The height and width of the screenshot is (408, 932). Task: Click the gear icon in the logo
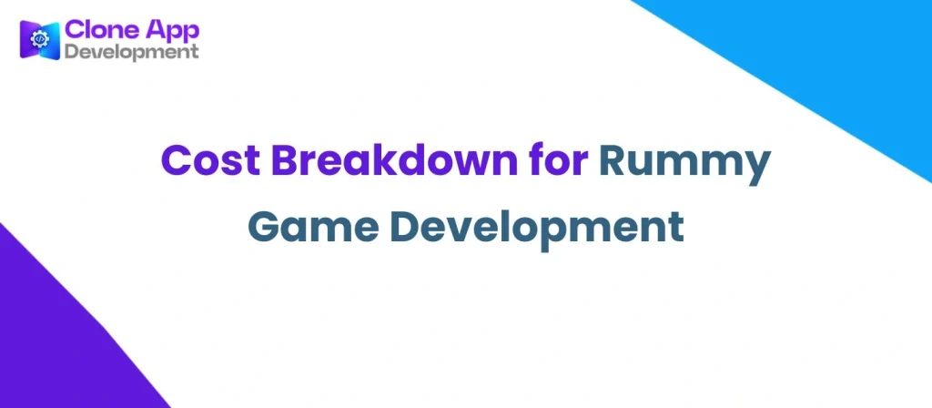(x=39, y=39)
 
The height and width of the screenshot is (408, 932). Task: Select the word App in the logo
(x=170, y=30)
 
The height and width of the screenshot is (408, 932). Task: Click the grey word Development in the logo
(x=130, y=52)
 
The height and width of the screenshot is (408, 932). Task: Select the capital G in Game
(x=265, y=226)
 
